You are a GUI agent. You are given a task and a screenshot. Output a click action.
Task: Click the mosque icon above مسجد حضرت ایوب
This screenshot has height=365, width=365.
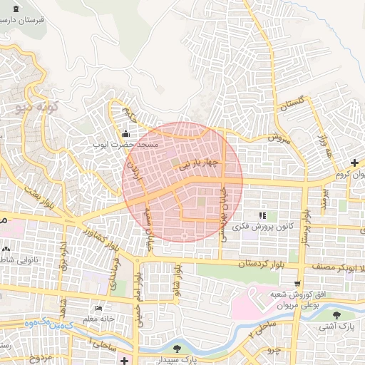coord(126,133)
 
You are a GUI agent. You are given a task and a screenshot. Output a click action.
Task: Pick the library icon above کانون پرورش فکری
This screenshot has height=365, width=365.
coord(262,215)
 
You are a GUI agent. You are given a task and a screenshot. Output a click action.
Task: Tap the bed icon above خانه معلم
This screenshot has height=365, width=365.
coord(98,309)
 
